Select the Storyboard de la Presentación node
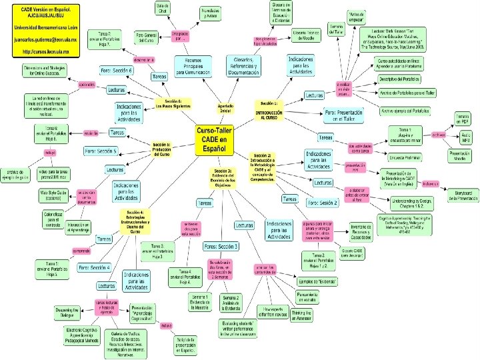[463, 195]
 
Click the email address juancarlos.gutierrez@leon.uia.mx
[44, 39]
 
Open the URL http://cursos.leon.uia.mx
[43, 51]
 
